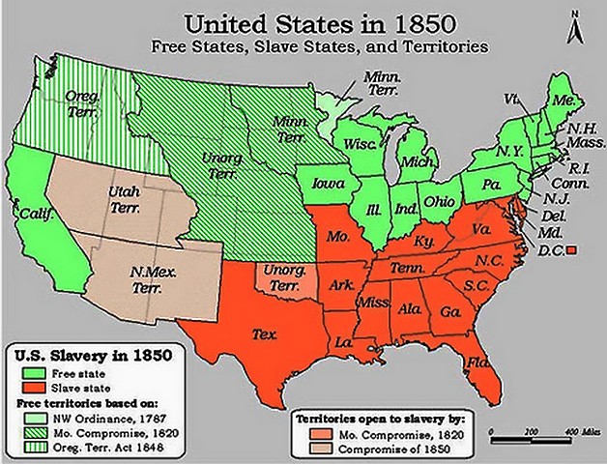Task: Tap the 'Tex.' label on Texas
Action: tap(266, 334)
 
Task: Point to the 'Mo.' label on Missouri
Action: tap(337, 236)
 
